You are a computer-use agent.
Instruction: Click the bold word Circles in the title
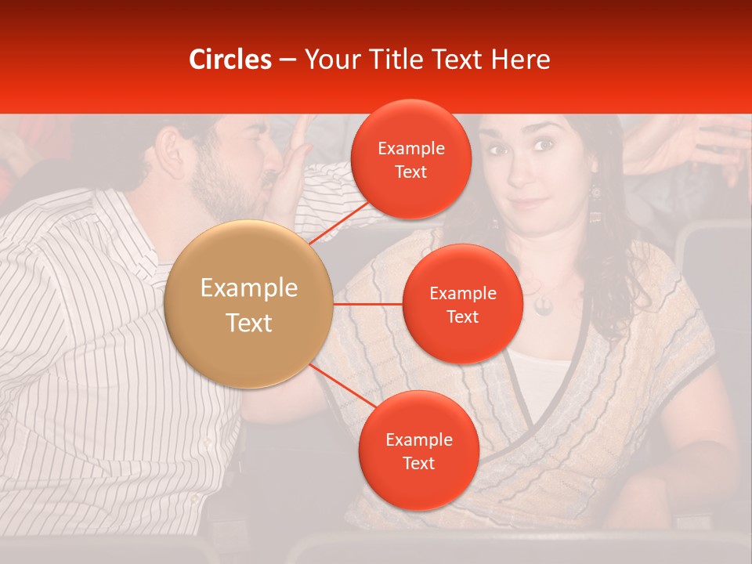[x=230, y=60]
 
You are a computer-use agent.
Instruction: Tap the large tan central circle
[x=249, y=305]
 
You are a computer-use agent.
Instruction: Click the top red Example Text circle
[x=411, y=159]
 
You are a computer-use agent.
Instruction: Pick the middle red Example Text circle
[x=462, y=304]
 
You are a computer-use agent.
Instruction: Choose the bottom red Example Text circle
[x=418, y=450]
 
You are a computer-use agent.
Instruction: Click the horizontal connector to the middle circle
[x=367, y=304]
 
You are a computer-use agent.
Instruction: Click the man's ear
[x=168, y=144]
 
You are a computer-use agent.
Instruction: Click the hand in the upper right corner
[x=689, y=145]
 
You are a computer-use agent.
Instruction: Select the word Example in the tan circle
[x=249, y=288]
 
